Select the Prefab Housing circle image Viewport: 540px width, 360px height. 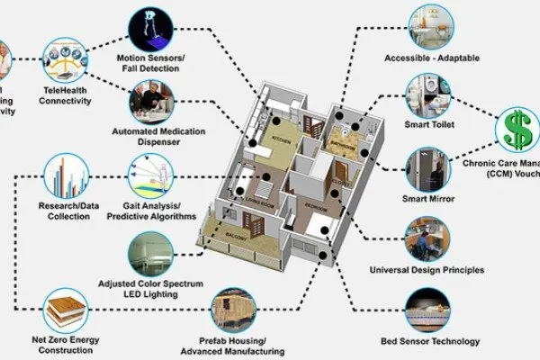[x=236, y=314]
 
